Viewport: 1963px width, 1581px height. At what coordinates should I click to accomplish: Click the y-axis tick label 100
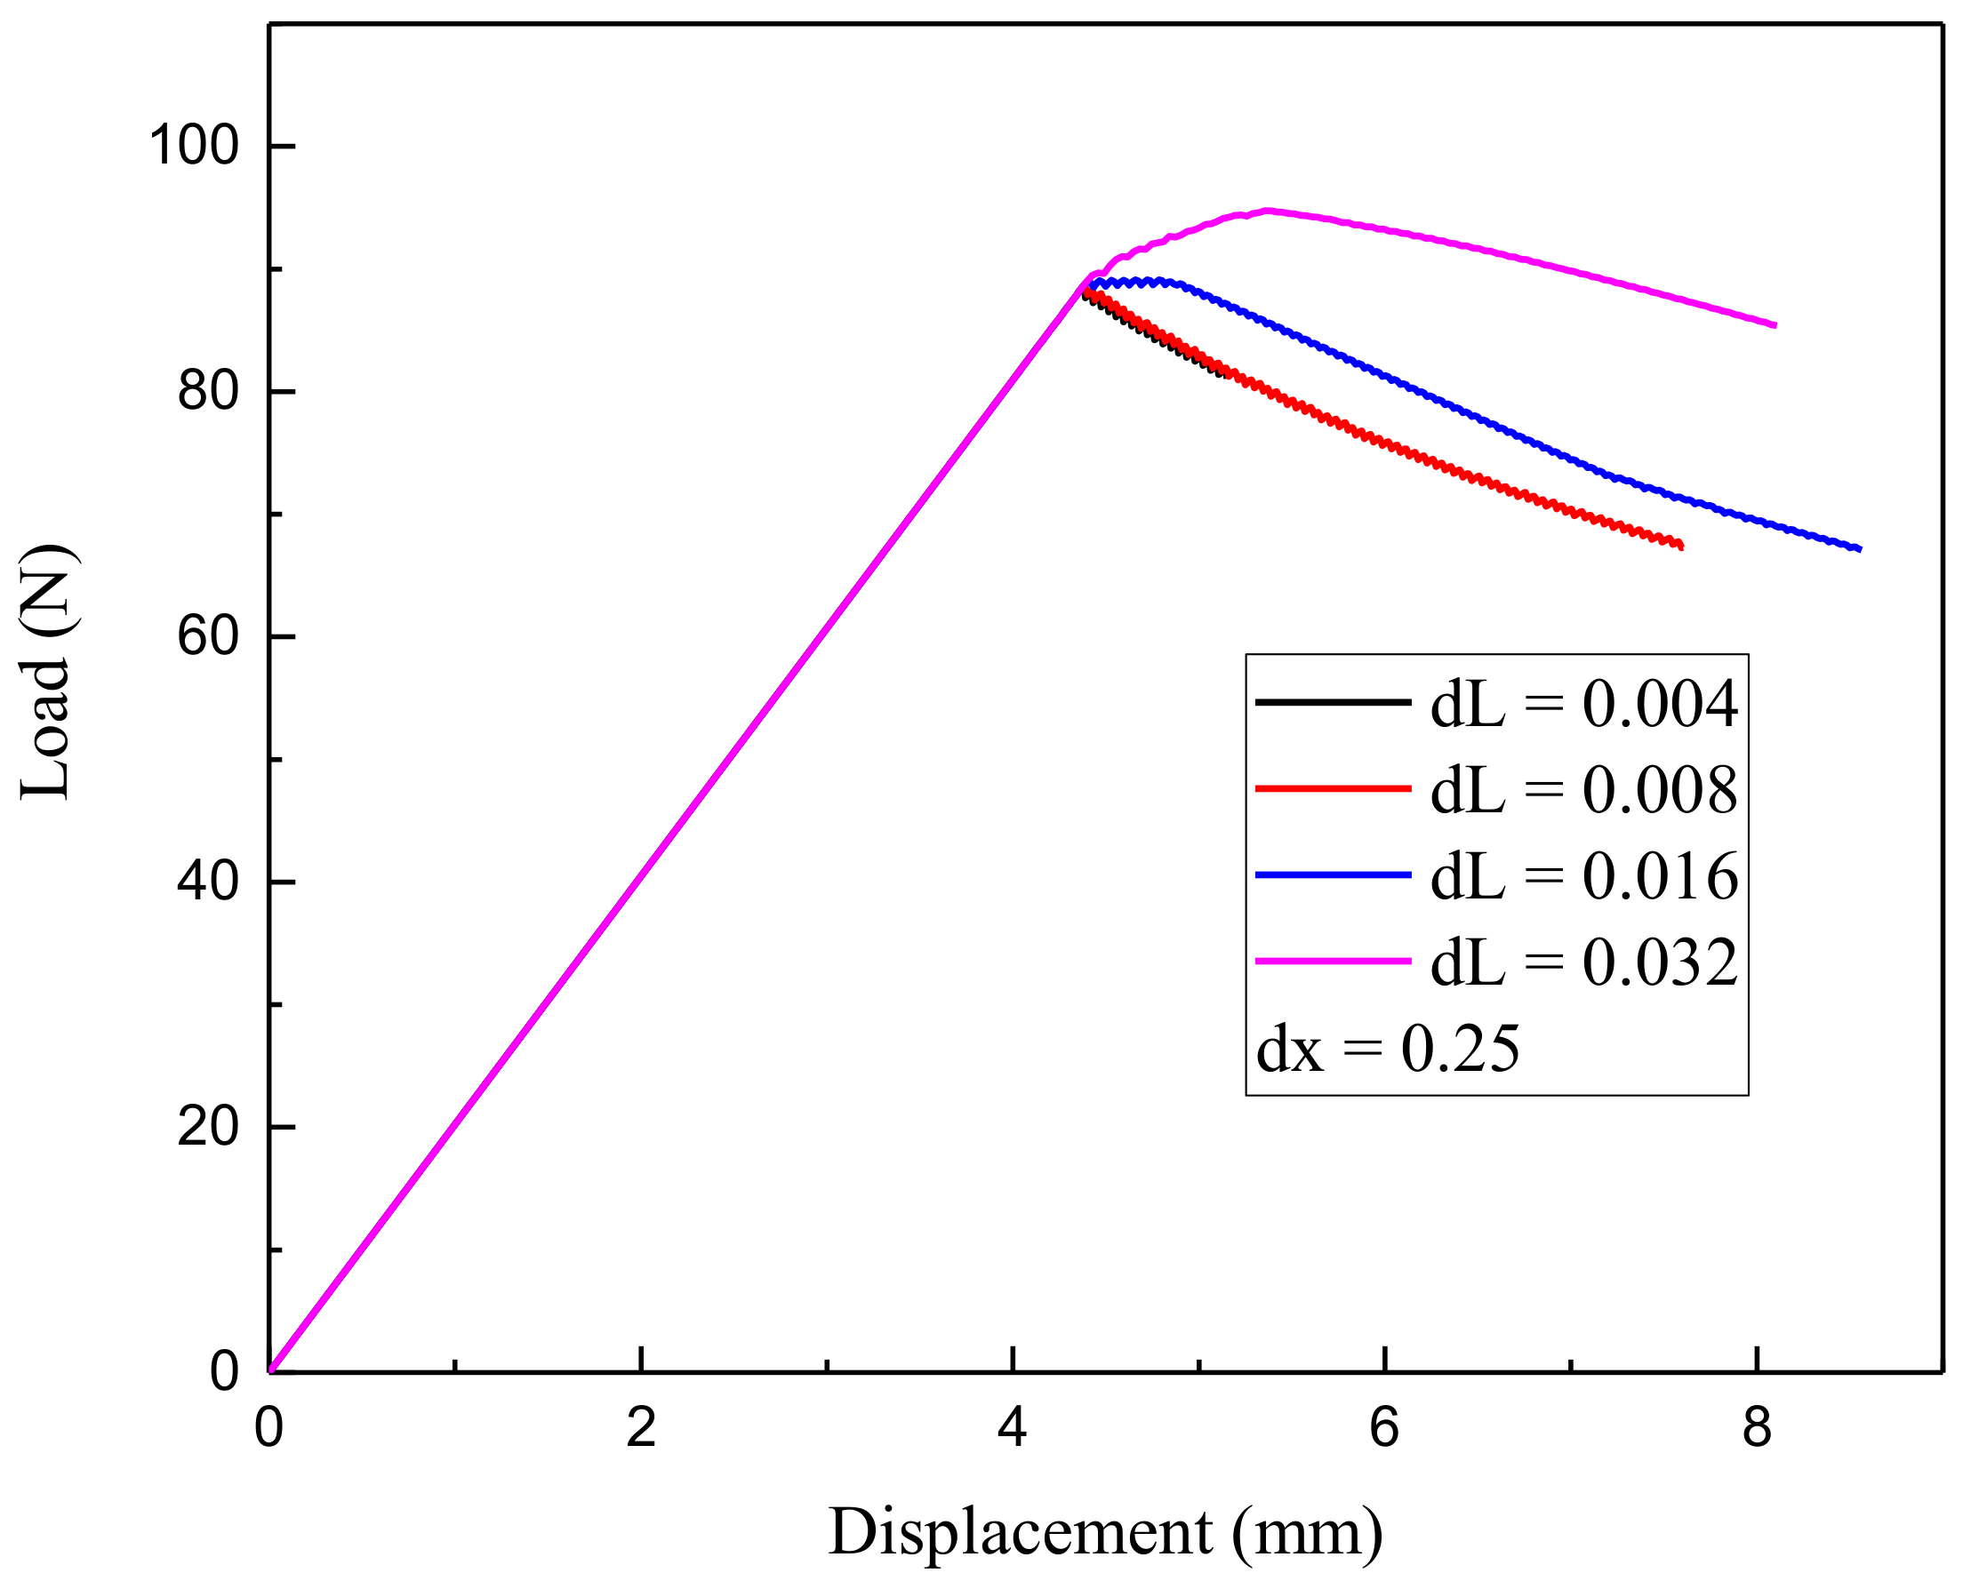coord(193,146)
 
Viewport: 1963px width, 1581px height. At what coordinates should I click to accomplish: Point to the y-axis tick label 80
coord(208,392)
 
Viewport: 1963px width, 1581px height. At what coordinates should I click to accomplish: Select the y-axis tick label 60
coord(208,636)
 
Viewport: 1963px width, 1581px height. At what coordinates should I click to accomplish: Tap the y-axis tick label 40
coord(208,882)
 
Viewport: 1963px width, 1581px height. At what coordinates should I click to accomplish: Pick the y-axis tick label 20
coord(208,1127)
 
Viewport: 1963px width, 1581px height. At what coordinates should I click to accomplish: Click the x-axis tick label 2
coord(641,1428)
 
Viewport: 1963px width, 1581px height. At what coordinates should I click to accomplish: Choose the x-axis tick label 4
coord(1012,1428)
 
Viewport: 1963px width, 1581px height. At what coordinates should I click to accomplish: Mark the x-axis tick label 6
coord(1383,1428)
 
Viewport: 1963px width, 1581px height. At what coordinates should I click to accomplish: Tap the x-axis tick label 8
coord(1756,1428)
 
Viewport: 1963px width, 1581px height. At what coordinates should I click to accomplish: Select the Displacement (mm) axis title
coord(1105,1534)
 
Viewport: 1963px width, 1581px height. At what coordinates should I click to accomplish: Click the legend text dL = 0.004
coord(1584,704)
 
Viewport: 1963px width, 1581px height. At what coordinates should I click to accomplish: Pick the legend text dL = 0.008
coord(1584,789)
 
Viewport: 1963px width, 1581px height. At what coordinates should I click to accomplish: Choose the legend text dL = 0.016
coord(1584,876)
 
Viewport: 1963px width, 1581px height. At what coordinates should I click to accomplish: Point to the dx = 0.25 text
coord(1387,1049)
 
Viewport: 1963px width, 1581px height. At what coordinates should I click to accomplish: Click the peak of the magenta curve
coord(1267,211)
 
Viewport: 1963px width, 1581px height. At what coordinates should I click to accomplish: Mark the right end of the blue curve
coord(1859,549)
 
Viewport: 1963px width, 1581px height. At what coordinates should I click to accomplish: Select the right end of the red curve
coord(1680,547)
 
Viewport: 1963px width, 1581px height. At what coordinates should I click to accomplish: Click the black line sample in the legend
coord(1333,702)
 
